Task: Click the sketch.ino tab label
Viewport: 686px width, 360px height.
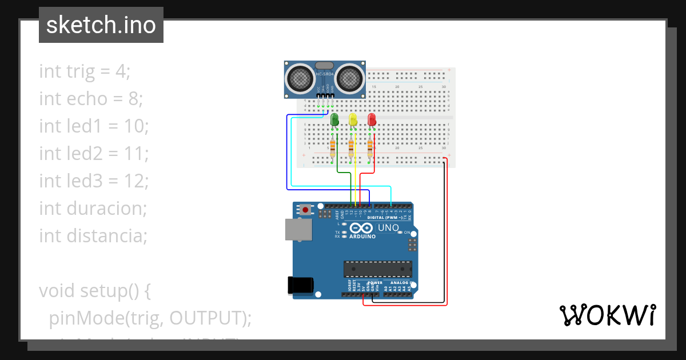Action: [x=101, y=25]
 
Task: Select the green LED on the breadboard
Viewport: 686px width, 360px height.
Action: [x=335, y=119]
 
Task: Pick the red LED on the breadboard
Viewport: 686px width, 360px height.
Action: [x=372, y=119]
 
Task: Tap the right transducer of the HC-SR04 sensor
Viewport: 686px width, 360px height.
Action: [x=349, y=78]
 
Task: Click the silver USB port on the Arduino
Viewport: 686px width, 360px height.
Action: [x=298, y=229]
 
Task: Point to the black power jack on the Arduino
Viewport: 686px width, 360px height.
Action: [x=300, y=284]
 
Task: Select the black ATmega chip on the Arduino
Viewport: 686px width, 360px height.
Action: [x=377, y=269]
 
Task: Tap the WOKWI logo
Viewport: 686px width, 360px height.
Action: [x=607, y=315]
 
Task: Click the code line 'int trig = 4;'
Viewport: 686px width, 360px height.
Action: [x=85, y=71]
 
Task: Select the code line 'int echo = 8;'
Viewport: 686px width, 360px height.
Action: [x=90, y=99]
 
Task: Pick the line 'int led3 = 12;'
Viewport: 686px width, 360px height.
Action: [x=94, y=181]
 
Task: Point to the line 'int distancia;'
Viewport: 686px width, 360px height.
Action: [x=93, y=236]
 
